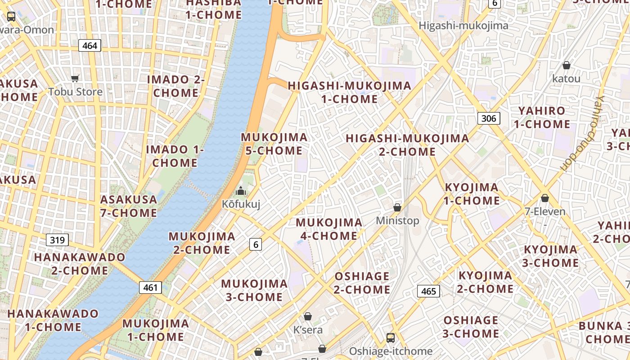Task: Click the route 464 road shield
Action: pyautogui.click(x=90, y=45)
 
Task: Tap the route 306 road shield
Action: pyautogui.click(x=488, y=118)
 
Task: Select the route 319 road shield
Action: pyautogui.click(x=57, y=240)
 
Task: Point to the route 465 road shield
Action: pyautogui.click(x=428, y=291)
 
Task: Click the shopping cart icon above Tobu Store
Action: pyautogui.click(x=75, y=79)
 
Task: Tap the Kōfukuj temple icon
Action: pyautogui.click(x=241, y=191)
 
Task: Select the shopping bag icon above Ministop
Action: pyautogui.click(x=397, y=207)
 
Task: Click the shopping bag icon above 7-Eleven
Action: pyautogui.click(x=545, y=198)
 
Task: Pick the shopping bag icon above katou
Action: pyautogui.click(x=567, y=66)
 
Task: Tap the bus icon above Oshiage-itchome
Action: pyautogui.click(x=391, y=337)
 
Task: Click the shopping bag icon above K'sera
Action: pyautogui.click(x=308, y=317)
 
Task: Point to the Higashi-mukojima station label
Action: pyautogui.click(x=463, y=26)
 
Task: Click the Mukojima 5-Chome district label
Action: pyautogui.click(x=274, y=144)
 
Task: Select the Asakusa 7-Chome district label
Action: pyautogui.click(x=129, y=206)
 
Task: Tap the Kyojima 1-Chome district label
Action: pyautogui.click(x=472, y=194)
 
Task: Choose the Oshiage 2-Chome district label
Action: pyautogui.click(x=362, y=283)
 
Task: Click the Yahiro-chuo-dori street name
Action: pyautogui.click(x=581, y=134)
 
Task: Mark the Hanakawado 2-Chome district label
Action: pyautogui.click(x=80, y=264)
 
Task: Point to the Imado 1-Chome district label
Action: pyautogui.click(x=175, y=156)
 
